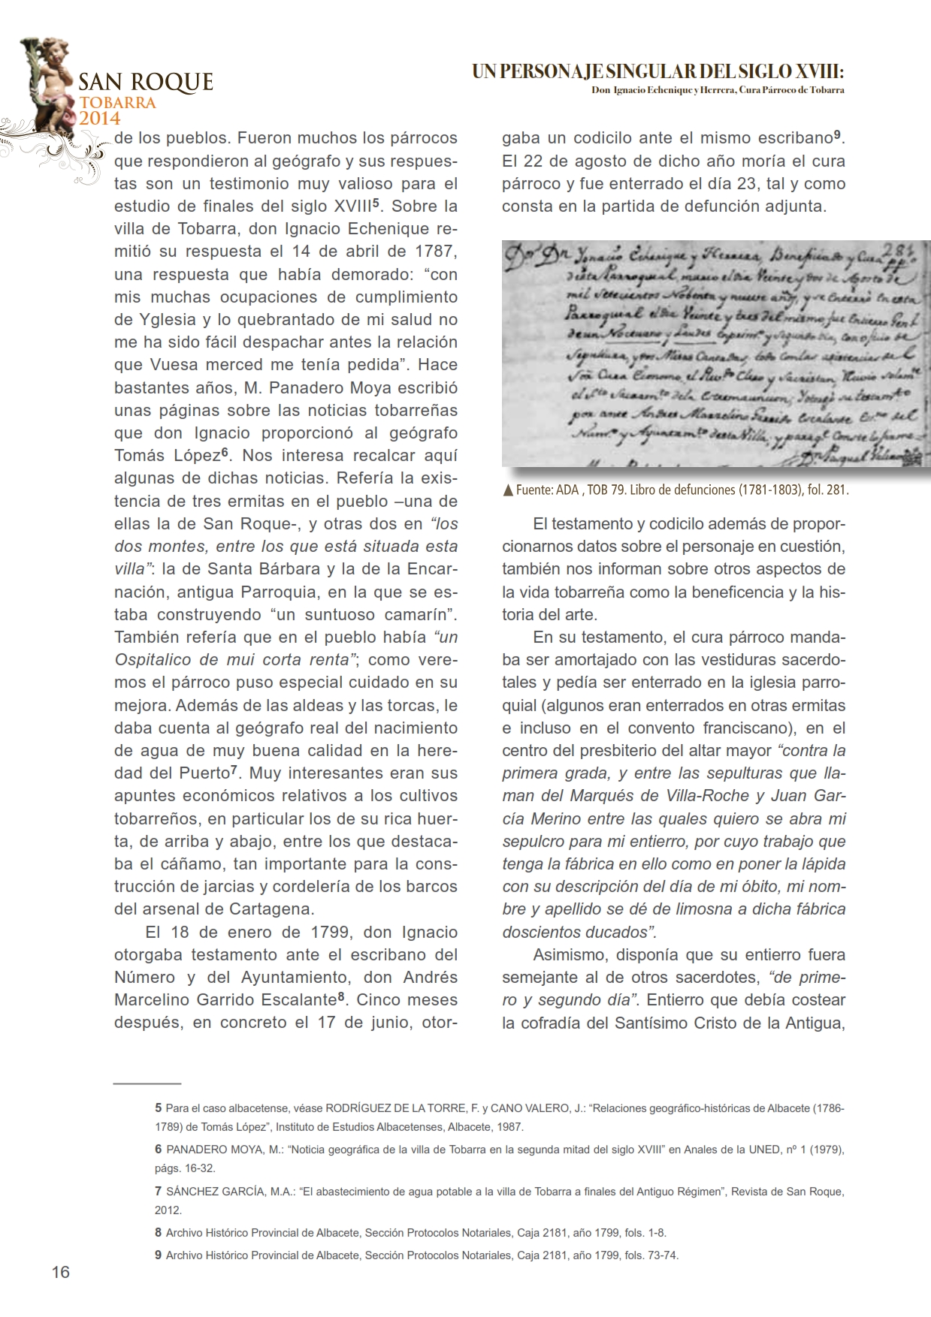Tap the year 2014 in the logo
100,117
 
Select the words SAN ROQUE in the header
146,82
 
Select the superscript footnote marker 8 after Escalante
340,997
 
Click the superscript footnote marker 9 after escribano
836,135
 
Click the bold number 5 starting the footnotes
158,1108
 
